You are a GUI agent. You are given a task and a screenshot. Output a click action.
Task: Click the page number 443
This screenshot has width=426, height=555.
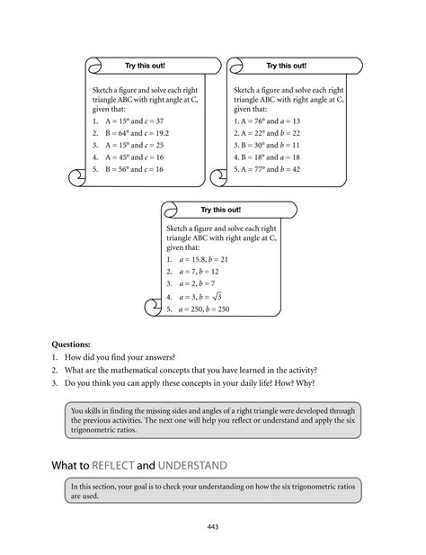pyautogui.click(x=213, y=527)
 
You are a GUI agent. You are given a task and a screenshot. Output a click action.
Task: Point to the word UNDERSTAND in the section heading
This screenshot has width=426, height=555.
pyautogui.click(x=193, y=465)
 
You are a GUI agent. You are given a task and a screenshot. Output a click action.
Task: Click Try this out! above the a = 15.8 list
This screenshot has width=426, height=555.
pyautogui.click(x=220, y=210)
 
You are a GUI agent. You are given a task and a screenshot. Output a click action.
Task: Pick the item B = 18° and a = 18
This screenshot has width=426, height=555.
pyautogui.click(x=267, y=156)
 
